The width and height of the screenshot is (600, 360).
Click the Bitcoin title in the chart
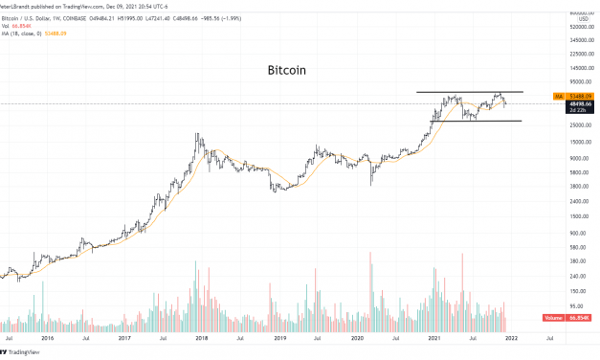coord(287,71)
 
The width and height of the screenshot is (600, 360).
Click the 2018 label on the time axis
coord(202,337)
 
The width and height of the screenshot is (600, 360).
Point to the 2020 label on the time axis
coord(358,337)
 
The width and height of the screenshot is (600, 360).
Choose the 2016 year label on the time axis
coord(46,337)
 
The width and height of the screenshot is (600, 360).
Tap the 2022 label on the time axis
coord(513,337)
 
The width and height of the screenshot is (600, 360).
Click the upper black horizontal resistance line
coord(469,92)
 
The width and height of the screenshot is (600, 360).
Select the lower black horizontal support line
coord(469,121)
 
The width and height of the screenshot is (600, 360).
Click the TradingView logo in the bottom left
coord(24,351)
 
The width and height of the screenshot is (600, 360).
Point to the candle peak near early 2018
coord(197,135)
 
